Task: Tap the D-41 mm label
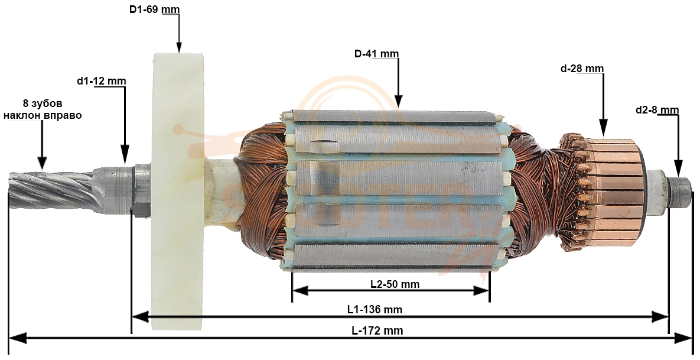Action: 377,54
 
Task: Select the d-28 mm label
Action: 582,69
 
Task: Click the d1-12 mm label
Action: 102,82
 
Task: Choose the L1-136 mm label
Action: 375,309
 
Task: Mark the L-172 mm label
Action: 377,331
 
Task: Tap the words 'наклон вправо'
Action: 43,115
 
